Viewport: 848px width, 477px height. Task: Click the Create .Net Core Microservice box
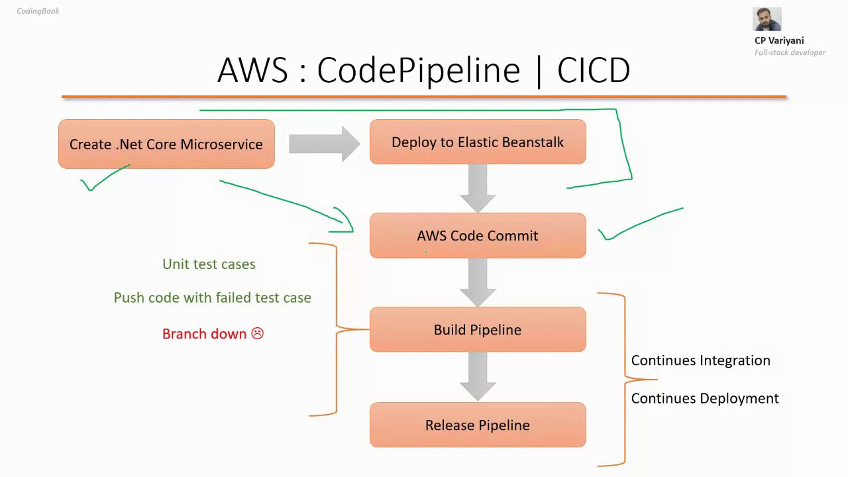click(x=166, y=144)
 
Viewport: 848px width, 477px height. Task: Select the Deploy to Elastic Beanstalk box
click(x=478, y=142)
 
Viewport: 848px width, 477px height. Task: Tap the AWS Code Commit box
click(x=478, y=236)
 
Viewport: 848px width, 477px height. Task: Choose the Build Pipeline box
click(x=478, y=330)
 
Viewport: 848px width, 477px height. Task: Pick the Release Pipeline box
click(x=478, y=425)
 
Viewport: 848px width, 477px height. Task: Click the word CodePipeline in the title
click(x=419, y=70)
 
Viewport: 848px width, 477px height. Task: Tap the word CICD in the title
click(x=594, y=70)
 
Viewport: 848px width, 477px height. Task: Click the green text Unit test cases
click(x=209, y=264)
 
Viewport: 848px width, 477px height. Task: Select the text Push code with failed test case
click(x=212, y=298)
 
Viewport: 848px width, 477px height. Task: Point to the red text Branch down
click(x=204, y=334)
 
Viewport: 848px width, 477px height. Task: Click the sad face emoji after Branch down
click(x=257, y=334)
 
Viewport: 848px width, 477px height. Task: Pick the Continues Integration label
click(x=700, y=360)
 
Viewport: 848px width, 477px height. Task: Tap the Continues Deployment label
click(x=704, y=398)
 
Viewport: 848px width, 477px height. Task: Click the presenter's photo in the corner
click(x=767, y=20)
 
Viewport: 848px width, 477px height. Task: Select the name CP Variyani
click(x=779, y=40)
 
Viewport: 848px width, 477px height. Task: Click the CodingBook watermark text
click(x=38, y=11)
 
